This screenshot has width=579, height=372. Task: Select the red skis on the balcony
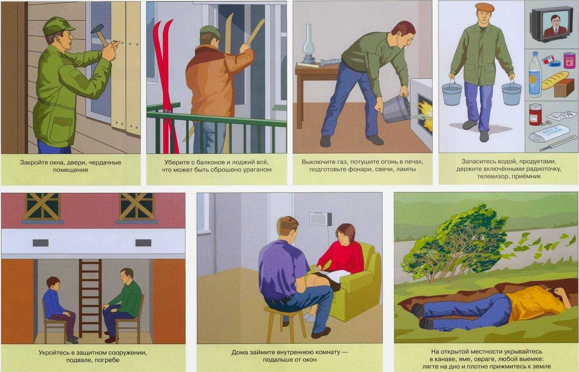(166, 85)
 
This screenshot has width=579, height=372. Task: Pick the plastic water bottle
(534, 75)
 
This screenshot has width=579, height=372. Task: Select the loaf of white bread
(555, 80)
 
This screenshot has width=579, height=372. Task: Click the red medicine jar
(535, 114)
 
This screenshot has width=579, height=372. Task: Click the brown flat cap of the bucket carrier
(484, 8)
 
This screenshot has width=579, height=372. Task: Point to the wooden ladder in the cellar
(90, 298)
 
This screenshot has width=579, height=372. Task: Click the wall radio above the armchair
(321, 219)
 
